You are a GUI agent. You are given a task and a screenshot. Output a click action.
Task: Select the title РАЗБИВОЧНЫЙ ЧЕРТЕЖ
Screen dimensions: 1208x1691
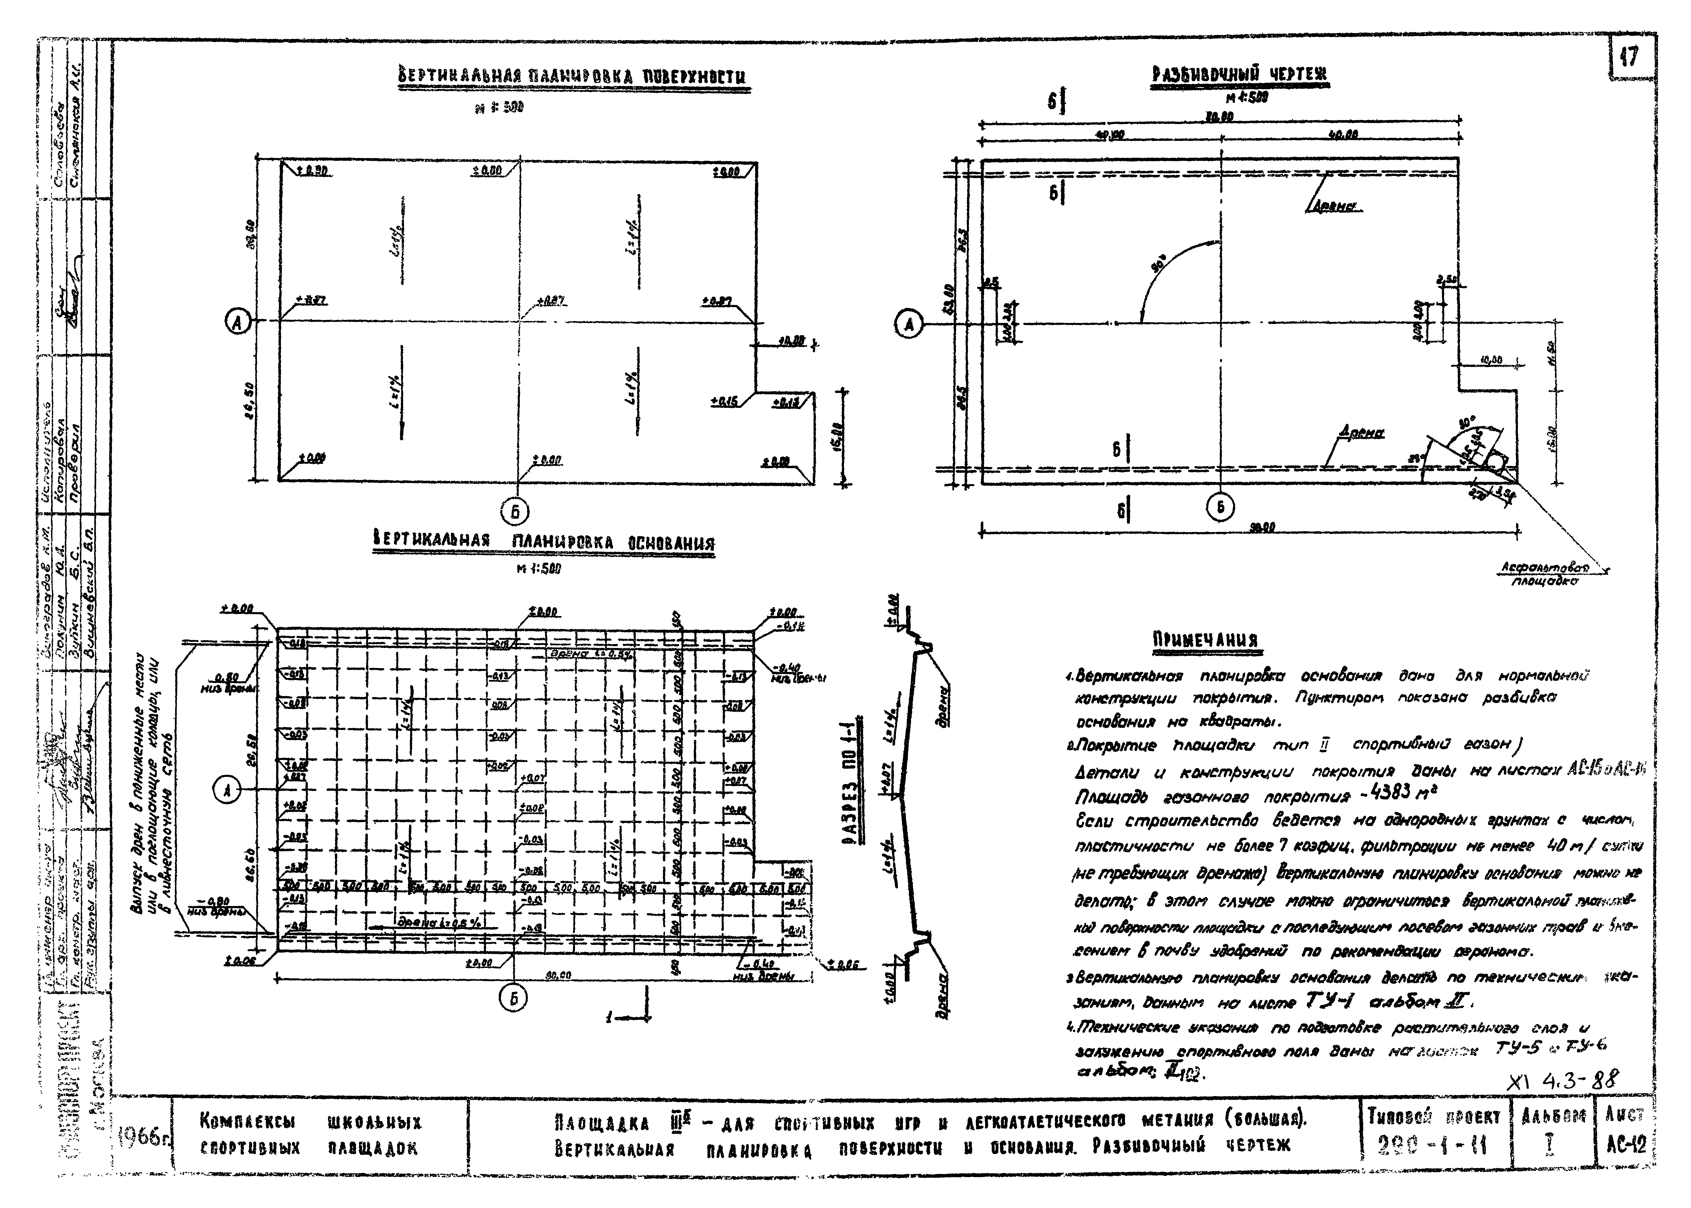click(1239, 75)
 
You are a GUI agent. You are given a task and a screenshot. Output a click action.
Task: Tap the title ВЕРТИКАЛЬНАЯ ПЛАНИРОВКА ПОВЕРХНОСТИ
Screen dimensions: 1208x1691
click(571, 78)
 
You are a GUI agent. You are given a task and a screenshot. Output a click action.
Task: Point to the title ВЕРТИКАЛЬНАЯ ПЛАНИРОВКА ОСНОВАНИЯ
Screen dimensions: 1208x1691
click(543, 542)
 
